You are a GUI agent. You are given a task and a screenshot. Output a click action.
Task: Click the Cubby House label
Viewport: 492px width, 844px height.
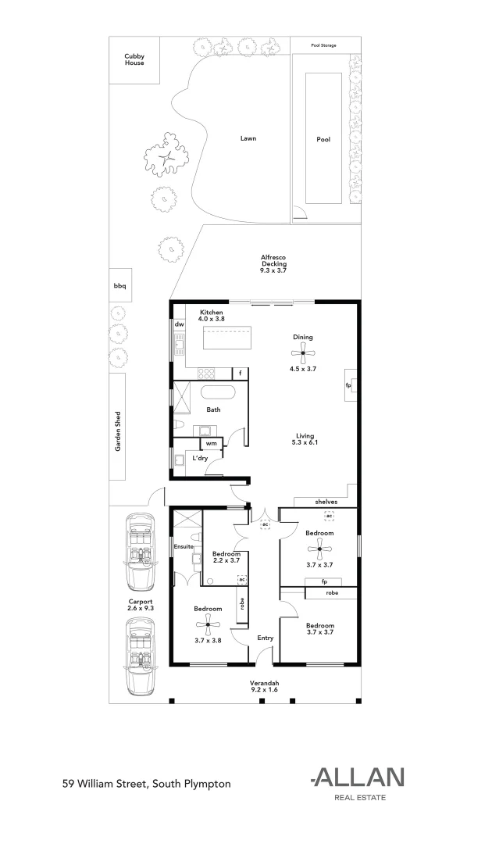[x=134, y=59]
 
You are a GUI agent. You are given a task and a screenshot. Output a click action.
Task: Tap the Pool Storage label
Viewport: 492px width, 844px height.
[x=323, y=46]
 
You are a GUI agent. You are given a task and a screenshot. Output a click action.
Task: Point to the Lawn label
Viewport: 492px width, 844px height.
[x=248, y=138]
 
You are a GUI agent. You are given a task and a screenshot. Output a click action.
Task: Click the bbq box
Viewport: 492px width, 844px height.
[x=119, y=286]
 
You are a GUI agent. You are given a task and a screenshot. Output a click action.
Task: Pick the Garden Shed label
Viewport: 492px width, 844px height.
[x=118, y=431]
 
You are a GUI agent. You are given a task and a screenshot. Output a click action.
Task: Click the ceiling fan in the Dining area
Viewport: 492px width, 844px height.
[x=303, y=352]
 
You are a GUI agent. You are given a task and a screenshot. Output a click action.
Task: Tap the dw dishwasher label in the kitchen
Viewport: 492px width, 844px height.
[x=179, y=324]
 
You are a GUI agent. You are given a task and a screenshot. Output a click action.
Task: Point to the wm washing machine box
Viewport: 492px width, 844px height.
[x=211, y=443]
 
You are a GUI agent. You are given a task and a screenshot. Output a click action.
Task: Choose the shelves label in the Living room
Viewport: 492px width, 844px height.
[x=326, y=501]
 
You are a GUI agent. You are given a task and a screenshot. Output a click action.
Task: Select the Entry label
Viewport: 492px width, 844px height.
[x=266, y=638]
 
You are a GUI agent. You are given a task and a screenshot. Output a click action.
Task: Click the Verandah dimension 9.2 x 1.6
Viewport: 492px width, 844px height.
[x=264, y=690]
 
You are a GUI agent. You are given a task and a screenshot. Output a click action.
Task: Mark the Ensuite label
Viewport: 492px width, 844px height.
[x=183, y=545]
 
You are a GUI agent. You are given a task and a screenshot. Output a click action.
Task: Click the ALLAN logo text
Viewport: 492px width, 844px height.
[x=358, y=777]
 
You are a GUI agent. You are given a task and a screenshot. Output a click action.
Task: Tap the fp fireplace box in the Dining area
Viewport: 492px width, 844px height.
[x=349, y=385]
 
